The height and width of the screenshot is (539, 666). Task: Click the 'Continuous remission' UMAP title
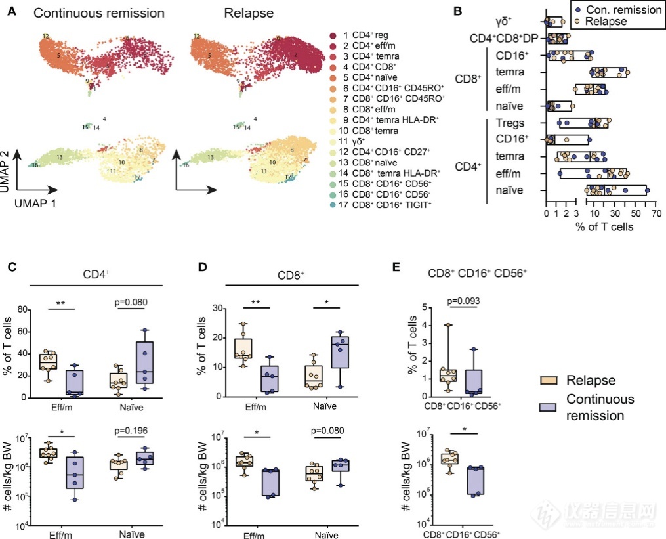click(x=91, y=12)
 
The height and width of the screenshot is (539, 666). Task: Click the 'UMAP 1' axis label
click(x=37, y=204)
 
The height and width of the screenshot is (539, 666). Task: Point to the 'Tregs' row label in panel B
click(x=514, y=122)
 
